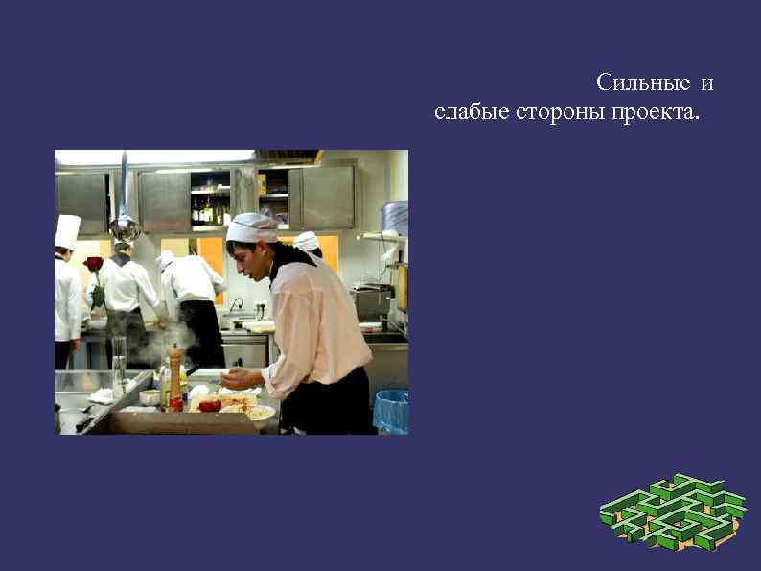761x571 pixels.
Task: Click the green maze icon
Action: click(x=673, y=512)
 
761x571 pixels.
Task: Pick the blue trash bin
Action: click(x=391, y=411)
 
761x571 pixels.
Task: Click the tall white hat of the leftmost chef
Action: click(x=67, y=231)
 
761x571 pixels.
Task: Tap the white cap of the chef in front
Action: click(x=252, y=228)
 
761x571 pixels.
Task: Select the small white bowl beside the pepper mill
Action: click(x=150, y=396)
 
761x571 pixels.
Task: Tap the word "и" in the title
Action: click(x=706, y=83)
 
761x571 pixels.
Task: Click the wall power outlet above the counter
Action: click(x=260, y=307)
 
